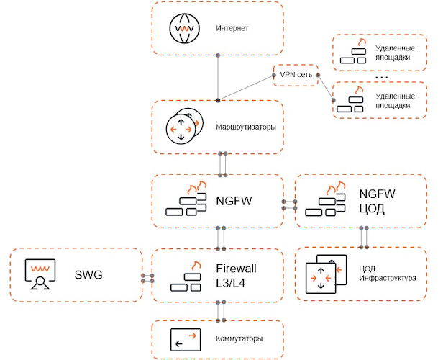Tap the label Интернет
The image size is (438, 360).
coord(232,29)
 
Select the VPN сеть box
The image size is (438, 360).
coord(295,75)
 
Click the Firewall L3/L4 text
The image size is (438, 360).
coord(236,275)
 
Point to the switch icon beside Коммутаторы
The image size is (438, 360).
coord(184,338)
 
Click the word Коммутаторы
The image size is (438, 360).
coord(239,338)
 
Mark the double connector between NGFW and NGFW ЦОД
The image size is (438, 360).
coord(290,204)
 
